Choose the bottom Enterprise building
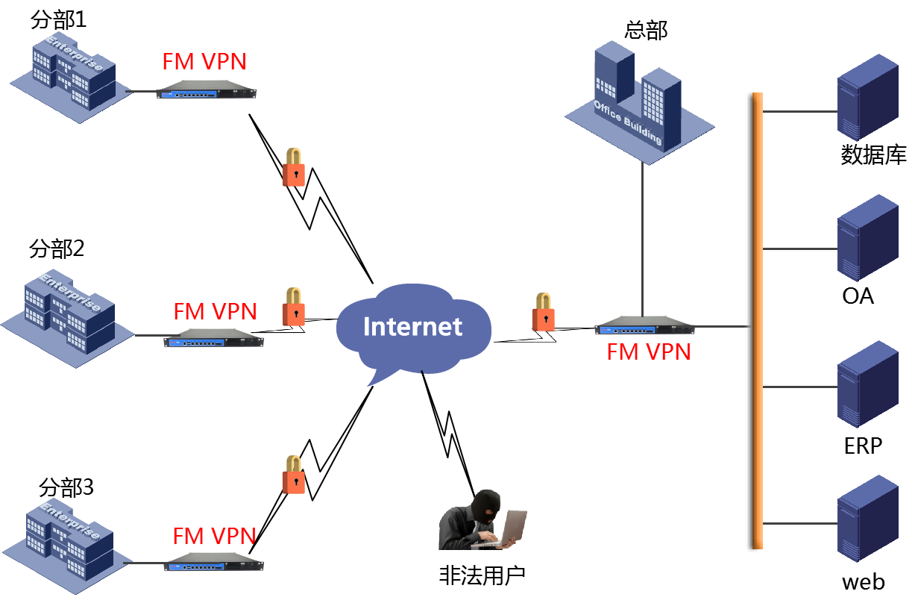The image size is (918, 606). (67, 541)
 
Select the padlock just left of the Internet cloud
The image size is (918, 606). (293, 307)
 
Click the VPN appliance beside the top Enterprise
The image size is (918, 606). (207, 90)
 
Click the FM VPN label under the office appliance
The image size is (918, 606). (649, 352)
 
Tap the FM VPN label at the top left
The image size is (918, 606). (204, 61)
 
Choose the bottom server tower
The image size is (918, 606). (867, 518)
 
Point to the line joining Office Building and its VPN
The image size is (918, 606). (643, 239)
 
